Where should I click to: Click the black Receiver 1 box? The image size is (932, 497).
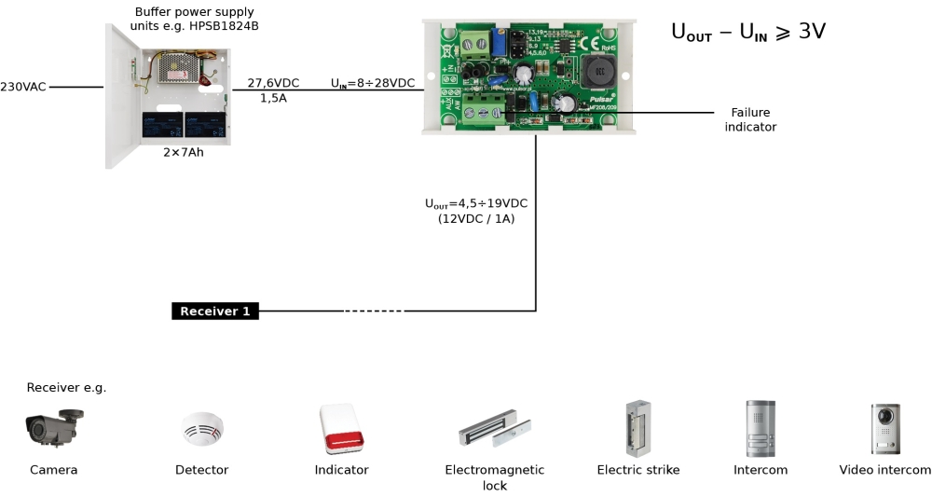point(214,311)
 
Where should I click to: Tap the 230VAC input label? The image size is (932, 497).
point(23,87)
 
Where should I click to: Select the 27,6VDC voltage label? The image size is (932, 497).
point(273,83)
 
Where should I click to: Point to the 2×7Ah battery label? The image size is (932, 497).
point(183,152)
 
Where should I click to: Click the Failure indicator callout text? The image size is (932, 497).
point(750,119)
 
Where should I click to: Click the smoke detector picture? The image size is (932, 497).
point(201,429)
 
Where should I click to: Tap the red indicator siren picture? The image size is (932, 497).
point(340,430)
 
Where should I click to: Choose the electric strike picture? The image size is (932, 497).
point(638,428)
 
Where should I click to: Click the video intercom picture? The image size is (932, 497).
point(884,429)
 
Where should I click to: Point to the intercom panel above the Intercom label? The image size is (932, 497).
point(760,428)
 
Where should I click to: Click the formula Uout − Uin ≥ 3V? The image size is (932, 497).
point(747,32)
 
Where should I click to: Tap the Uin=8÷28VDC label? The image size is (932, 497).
point(373,83)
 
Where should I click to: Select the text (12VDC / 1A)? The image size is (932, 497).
point(476,219)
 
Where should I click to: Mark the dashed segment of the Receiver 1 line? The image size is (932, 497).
point(374,311)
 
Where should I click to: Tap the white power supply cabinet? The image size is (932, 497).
point(168,93)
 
